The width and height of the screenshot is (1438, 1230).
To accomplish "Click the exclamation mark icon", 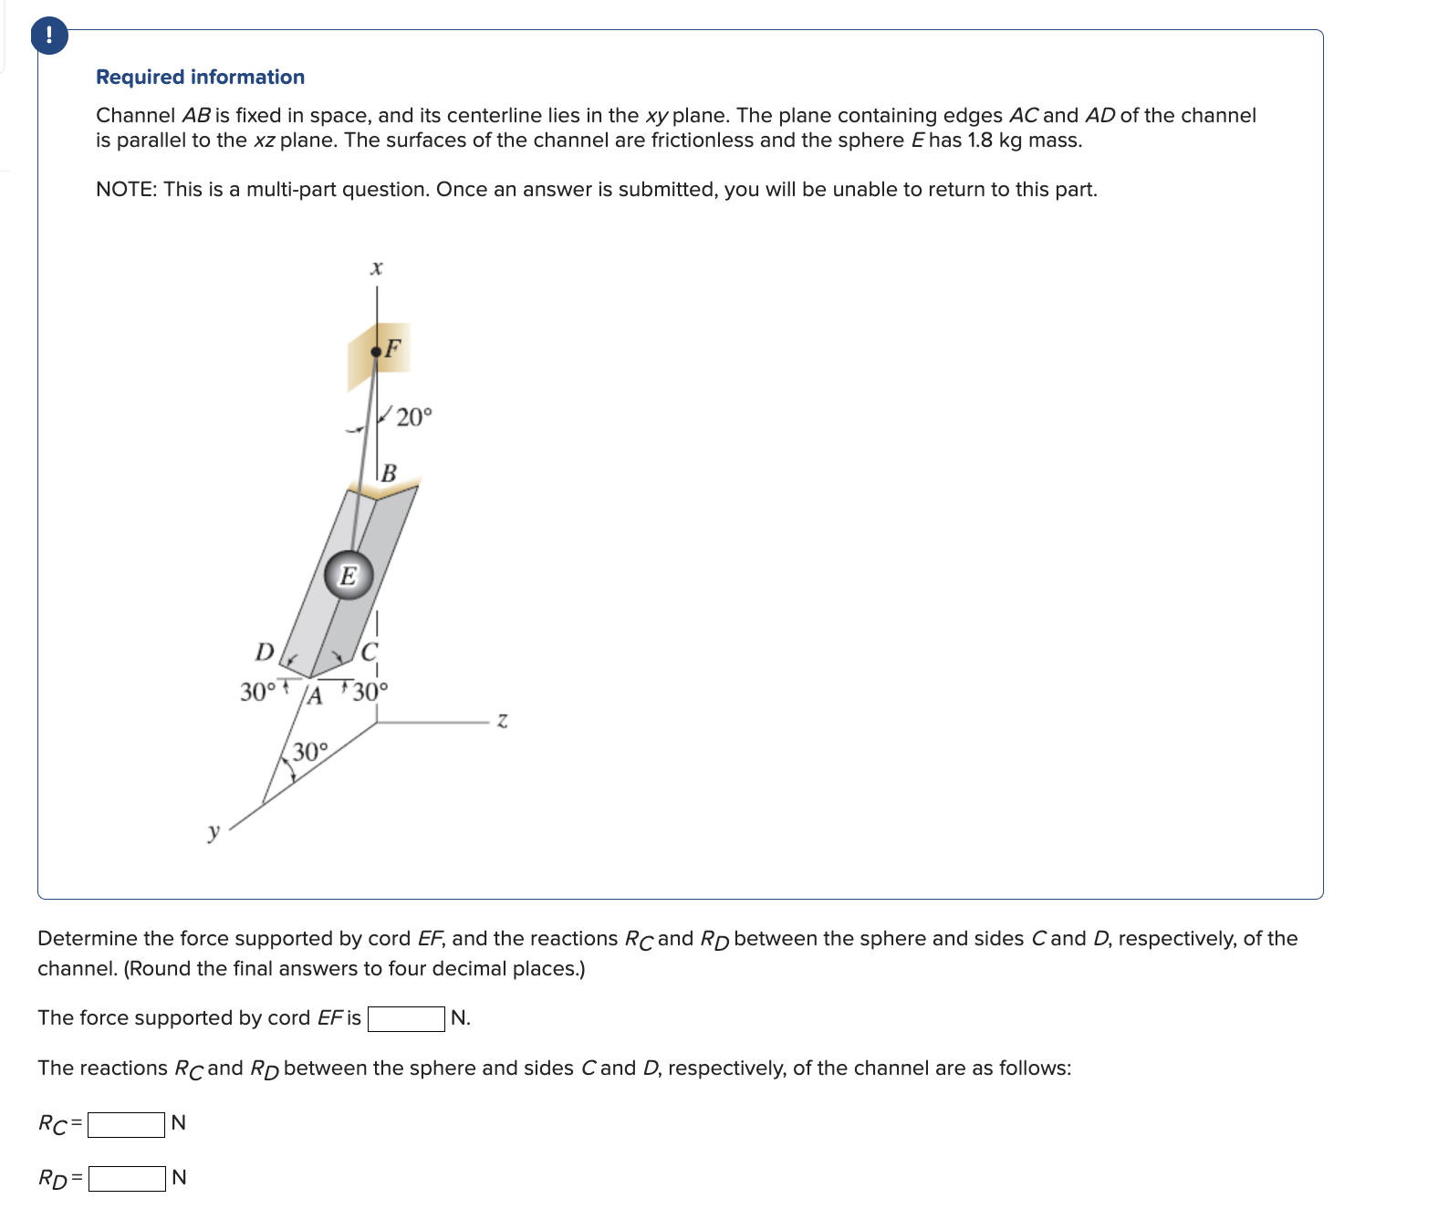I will [x=48, y=36].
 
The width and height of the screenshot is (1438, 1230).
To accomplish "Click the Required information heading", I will [x=200, y=77].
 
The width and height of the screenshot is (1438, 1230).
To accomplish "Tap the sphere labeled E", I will [x=349, y=575].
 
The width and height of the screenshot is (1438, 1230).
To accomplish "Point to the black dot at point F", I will [x=376, y=352].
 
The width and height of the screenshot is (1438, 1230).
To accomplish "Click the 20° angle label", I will [x=413, y=418].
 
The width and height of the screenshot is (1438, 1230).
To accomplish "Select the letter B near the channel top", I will [x=389, y=473].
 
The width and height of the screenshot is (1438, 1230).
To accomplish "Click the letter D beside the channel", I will [x=265, y=651].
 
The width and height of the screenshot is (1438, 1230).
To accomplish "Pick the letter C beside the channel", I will [x=369, y=652].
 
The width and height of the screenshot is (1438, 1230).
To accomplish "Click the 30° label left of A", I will [x=256, y=692].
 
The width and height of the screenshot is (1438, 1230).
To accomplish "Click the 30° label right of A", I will [x=370, y=692].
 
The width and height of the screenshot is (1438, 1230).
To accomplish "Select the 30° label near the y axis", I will [x=309, y=752].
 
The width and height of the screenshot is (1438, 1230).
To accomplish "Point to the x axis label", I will [x=376, y=268].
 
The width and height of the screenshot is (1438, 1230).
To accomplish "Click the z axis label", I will [x=502, y=721].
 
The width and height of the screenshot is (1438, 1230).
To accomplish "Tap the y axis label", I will [x=214, y=831].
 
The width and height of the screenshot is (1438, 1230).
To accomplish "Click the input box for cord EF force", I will [x=406, y=1018].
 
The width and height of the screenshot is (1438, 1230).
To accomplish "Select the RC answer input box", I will [x=126, y=1124].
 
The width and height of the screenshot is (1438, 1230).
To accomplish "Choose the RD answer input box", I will [x=127, y=1179].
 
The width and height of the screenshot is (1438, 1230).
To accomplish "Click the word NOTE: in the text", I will [x=126, y=189].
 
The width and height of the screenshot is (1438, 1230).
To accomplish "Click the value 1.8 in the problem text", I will [x=979, y=141].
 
